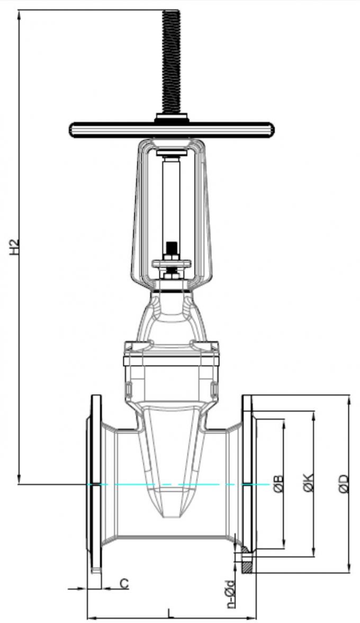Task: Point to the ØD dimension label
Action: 344,484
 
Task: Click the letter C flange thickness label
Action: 123,584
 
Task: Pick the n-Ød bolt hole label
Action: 229,593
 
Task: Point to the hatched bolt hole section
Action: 247,565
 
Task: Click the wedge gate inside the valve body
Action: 171,456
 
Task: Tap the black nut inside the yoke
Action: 171,248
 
